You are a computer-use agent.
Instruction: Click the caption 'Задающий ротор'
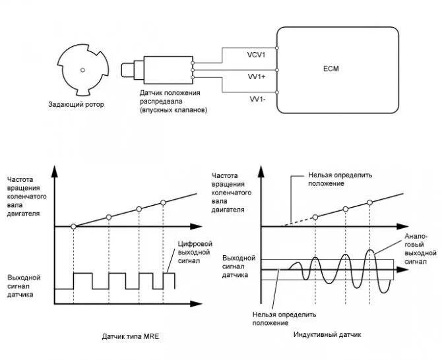77,104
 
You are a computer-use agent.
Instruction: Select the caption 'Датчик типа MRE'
131,336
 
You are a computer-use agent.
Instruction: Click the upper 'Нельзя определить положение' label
340,179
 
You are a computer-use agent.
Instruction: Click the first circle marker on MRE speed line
73,226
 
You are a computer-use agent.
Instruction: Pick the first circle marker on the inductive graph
315,216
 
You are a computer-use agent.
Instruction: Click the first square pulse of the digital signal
83,280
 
